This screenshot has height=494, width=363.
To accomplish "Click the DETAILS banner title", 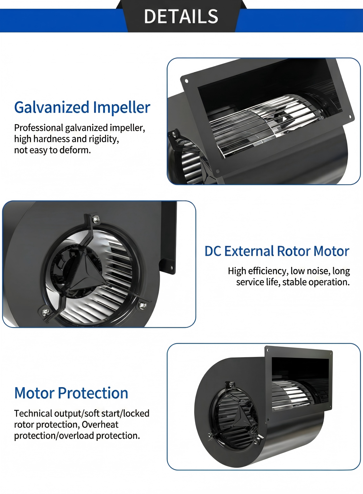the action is [x=181, y=16].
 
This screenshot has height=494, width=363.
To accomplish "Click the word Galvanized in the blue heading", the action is [x=52, y=107].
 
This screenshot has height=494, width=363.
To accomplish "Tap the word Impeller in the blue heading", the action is [x=122, y=107].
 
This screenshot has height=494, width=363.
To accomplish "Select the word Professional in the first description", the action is [x=39, y=128].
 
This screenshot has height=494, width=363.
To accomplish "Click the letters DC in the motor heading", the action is [x=213, y=251].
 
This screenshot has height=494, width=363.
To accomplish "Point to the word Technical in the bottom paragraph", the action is [x=33, y=413].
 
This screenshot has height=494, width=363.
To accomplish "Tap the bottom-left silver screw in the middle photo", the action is [x=46, y=311].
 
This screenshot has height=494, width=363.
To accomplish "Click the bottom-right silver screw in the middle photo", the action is [x=142, y=305].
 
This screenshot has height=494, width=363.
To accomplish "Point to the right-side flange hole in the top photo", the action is [x=350, y=117].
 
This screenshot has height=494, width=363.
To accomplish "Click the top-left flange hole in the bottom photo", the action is [x=268, y=350].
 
